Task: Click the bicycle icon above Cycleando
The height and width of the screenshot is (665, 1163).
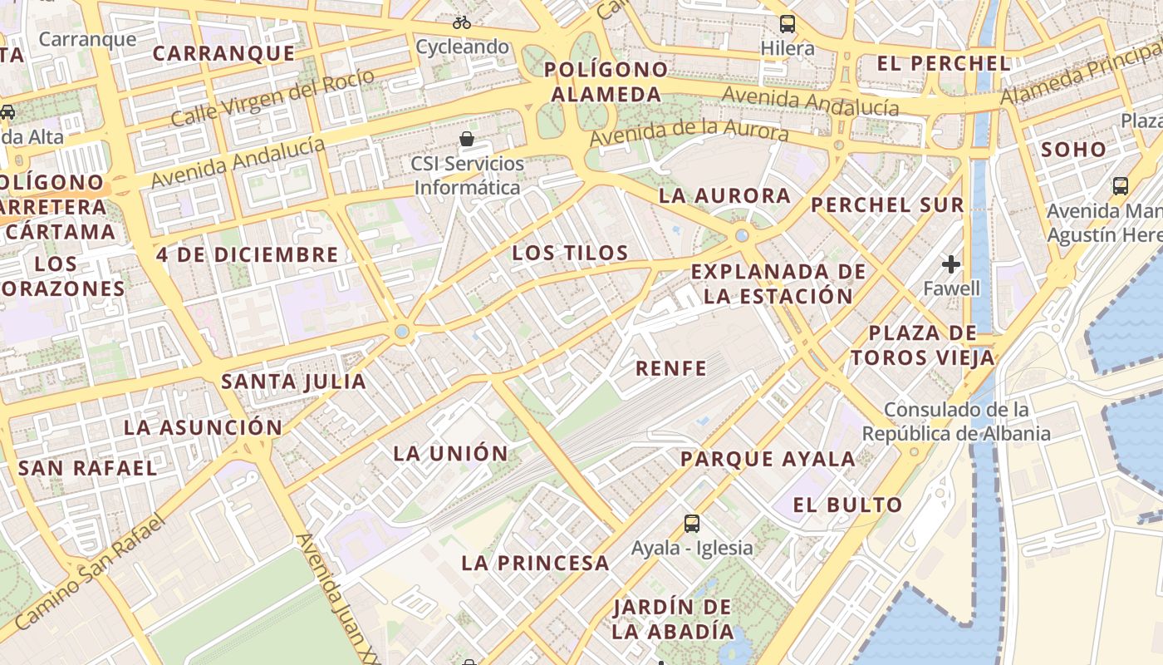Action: [x=462, y=22]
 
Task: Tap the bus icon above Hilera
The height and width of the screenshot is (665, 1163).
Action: [x=788, y=24]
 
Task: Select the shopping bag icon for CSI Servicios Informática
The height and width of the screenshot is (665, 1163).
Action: [x=468, y=138]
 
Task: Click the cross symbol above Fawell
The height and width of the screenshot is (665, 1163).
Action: [x=951, y=264]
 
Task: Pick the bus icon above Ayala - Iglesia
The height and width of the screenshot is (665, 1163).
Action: [x=692, y=523]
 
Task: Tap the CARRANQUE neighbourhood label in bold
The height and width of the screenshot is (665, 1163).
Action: [x=224, y=54]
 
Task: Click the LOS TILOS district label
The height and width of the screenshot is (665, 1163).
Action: [x=570, y=253]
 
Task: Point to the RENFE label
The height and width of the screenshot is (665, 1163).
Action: [x=671, y=368]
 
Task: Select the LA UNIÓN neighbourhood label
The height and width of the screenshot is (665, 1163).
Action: [x=450, y=454]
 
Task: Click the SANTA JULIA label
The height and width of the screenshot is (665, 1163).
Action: [x=293, y=382]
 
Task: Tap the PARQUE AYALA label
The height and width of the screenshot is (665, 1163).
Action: [x=768, y=459]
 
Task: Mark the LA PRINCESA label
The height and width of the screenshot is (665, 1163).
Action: [x=536, y=563]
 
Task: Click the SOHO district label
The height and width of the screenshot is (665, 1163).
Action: [x=1073, y=150]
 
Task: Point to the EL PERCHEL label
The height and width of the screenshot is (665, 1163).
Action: [x=944, y=63]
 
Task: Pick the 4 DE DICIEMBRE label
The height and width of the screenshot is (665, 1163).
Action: [x=248, y=254]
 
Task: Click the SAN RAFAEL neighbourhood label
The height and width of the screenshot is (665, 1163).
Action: [x=87, y=468]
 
